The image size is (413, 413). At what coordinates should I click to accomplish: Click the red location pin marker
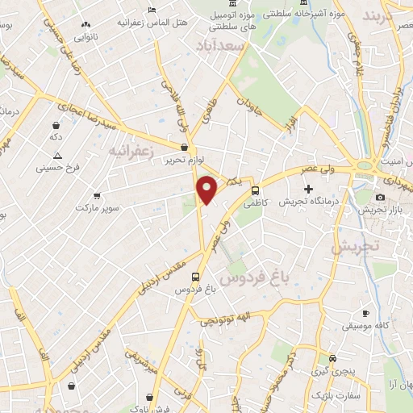[207, 190]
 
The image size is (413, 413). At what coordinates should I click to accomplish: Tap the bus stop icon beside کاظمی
[256, 191]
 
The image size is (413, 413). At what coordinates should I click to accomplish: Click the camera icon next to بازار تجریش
[380, 198]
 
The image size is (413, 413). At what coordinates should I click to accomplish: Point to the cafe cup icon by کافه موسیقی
[365, 313]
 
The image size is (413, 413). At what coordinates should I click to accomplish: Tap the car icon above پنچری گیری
[333, 359]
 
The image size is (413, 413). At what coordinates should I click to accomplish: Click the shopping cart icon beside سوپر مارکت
[98, 196]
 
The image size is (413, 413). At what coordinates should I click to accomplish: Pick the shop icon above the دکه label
[56, 126]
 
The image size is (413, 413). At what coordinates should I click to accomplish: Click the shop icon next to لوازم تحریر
[185, 147]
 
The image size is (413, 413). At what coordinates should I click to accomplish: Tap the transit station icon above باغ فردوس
[195, 274]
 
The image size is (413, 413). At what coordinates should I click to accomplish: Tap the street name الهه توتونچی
[238, 320]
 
